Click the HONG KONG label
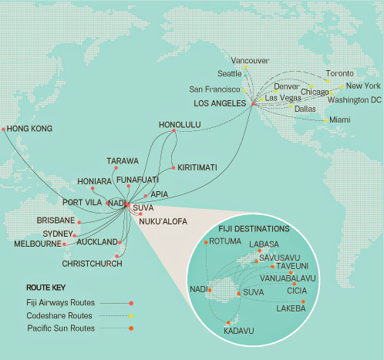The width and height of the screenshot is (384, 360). point(37,130)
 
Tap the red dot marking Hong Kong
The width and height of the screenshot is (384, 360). point(4,129)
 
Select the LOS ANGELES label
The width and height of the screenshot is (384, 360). point(220,103)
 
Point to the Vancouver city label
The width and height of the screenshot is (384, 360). point(250,60)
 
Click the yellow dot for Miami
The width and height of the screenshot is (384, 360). point(327,120)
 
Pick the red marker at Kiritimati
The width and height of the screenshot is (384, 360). point(175,167)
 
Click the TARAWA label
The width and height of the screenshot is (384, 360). point(123,161)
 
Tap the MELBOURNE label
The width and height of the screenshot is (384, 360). point(38,244)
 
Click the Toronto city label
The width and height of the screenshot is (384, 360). point(341,74)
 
